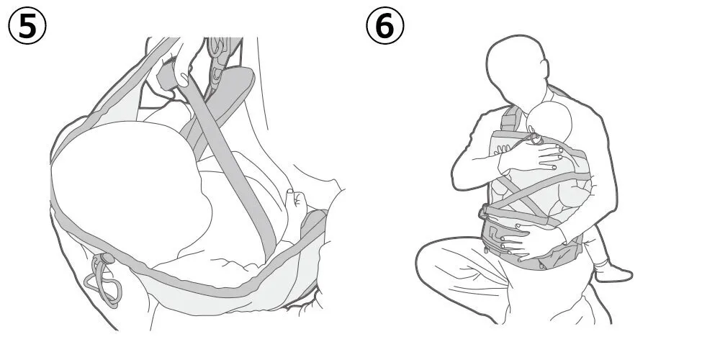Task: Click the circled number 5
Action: pyautogui.click(x=27, y=26)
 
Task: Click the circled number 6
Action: pyautogui.click(x=384, y=26)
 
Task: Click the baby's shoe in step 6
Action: pyautogui.click(x=613, y=272)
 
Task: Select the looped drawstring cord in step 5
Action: pyautogui.click(x=103, y=281)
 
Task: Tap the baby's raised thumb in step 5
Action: pyautogui.click(x=290, y=196)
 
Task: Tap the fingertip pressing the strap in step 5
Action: pyautogui.click(x=183, y=81)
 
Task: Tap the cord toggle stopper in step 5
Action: pyautogui.click(x=107, y=258)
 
